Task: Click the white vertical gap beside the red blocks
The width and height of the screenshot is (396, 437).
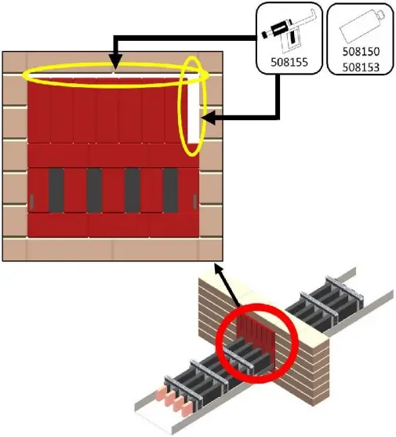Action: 192,110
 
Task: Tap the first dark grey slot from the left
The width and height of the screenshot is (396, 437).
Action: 56,189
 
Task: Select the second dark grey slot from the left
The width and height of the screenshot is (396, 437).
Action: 94,189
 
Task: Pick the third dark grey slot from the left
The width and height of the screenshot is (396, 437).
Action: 133,189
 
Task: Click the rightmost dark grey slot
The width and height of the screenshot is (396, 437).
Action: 170,189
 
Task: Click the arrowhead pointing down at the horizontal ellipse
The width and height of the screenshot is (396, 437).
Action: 114,64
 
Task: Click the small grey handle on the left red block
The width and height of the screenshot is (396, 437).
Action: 31,201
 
